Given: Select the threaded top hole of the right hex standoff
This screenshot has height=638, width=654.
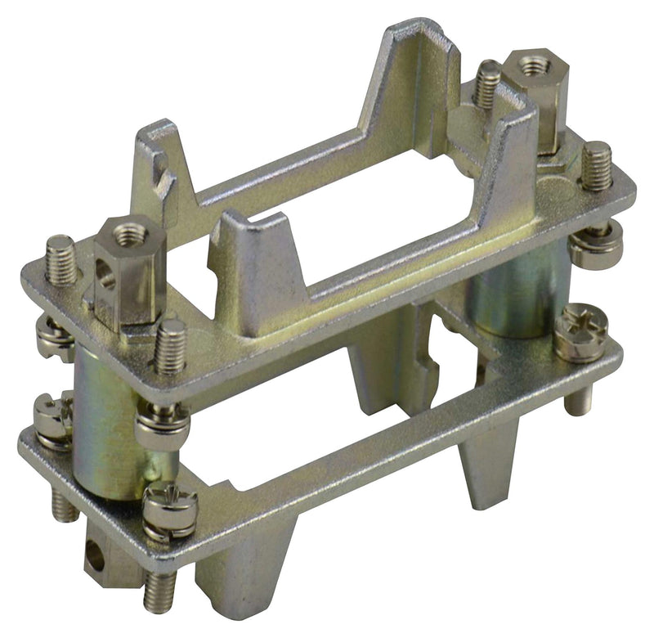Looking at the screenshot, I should coord(535,65).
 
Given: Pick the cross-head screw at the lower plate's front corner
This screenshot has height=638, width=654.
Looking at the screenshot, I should coord(170,510).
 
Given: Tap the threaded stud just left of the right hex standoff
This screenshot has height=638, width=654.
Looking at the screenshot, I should coord(489,83).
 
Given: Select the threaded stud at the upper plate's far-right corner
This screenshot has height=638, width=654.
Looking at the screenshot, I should coord(596,166).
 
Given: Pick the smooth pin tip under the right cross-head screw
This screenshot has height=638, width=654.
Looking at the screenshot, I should coord(579,399).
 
